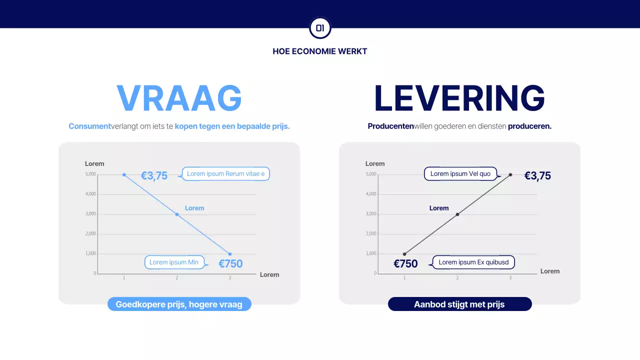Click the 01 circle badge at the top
click(x=320, y=28)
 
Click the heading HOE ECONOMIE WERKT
click(x=320, y=51)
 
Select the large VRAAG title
click(x=179, y=98)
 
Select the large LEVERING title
click(x=459, y=98)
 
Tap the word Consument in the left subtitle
click(x=89, y=126)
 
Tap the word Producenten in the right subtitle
click(x=390, y=126)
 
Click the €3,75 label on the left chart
click(x=154, y=175)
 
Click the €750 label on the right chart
click(x=405, y=263)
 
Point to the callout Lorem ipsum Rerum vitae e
click(x=225, y=174)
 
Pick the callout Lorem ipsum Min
click(x=174, y=262)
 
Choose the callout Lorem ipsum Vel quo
click(x=460, y=174)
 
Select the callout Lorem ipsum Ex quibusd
click(x=473, y=262)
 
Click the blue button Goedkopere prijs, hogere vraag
click(x=179, y=304)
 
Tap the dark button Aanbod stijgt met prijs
click(x=459, y=304)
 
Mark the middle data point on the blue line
click(x=177, y=214)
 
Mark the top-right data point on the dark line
click(x=510, y=174)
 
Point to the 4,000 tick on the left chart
click(x=90, y=194)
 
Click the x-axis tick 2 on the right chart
click(x=457, y=277)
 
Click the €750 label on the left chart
click(x=230, y=263)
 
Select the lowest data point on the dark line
click(x=404, y=254)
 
